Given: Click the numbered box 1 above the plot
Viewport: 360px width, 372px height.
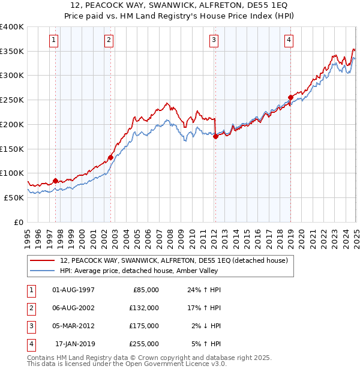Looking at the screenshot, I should (x=53, y=40).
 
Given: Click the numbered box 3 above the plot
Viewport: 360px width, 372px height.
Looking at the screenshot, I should (x=214, y=40).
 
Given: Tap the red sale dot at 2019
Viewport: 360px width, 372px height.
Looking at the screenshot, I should (x=290, y=97).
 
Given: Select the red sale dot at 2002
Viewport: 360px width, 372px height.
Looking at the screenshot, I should (x=110, y=158).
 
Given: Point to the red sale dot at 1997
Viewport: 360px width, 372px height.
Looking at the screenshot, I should (x=56, y=181).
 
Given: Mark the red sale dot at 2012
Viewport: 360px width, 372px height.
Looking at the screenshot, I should (x=215, y=137).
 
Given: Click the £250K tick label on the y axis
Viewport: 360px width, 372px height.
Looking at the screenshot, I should (x=11, y=100).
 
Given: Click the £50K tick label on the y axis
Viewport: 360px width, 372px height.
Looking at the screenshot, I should (x=14, y=197).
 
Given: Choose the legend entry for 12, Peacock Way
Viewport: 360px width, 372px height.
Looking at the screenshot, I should (x=173, y=260).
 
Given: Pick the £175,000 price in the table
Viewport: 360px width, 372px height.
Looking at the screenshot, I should (x=145, y=326).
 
